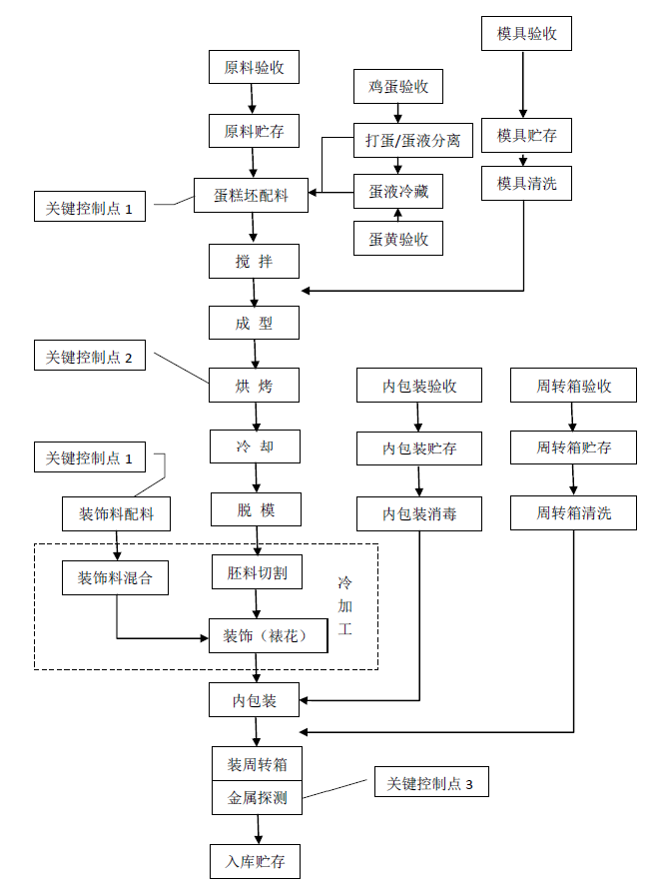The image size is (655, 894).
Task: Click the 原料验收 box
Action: tap(254, 67)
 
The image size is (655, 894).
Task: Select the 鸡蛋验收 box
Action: tap(397, 86)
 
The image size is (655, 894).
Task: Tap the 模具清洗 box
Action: tap(526, 183)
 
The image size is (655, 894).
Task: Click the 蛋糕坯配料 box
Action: tap(251, 195)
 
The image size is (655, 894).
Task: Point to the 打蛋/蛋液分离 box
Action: tap(411, 141)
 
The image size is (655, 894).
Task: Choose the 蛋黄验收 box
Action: tap(397, 238)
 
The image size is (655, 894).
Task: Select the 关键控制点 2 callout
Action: tap(89, 356)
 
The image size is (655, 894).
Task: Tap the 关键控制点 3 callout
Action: tap(431, 783)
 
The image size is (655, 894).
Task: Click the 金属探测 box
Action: tap(257, 797)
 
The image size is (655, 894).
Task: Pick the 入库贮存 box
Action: tap(255, 860)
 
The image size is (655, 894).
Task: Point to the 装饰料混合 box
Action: tap(116, 576)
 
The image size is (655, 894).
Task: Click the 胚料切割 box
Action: tap(257, 573)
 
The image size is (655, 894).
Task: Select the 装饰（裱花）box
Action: tap(267, 635)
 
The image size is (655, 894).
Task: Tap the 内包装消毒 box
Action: tap(419, 513)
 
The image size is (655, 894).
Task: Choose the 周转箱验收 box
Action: tap(573, 386)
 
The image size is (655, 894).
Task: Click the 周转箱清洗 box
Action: tap(573, 513)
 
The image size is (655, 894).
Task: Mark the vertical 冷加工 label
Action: tap(345, 606)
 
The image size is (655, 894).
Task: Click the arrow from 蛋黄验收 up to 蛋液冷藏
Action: tap(397, 214)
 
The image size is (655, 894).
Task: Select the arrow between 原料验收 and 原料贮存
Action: tap(253, 98)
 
